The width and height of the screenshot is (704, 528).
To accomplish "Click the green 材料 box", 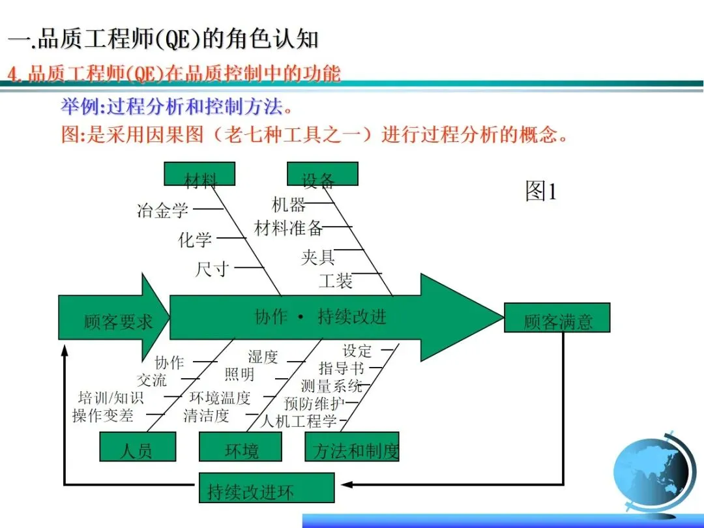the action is click(x=199, y=174).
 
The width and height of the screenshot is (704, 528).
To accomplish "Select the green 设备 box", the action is click(x=322, y=174).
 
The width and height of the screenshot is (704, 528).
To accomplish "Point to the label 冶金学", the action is click(x=163, y=210).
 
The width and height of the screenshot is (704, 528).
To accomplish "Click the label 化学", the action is click(x=195, y=240).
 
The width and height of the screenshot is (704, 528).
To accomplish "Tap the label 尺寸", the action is click(x=212, y=269).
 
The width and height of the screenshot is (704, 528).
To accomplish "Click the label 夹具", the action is click(x=318, y=257).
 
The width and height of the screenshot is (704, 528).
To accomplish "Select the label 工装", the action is click(x=336, y=281).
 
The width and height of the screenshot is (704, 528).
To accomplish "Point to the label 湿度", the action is click(x=263, y=357).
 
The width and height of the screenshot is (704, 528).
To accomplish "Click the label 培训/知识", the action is click(x=111, y=397).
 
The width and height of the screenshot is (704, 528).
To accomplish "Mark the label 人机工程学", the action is click(x=299, y=420).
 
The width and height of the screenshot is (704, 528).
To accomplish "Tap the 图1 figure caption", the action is click(x=541, y=191).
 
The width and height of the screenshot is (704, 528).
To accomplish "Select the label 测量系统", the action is click(x=331, y=386).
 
